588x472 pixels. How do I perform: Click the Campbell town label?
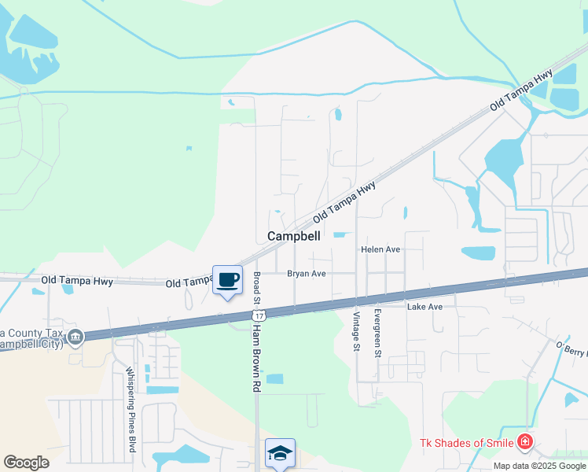tap(294, 236)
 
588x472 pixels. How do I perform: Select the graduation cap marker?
tap(280, 454)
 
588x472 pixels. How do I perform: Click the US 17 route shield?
tap(259, 315)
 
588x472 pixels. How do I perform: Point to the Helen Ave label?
tap(381, 249)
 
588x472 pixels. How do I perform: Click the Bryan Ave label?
tap(306, 274)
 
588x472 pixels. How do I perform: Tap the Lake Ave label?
tap(424, 306)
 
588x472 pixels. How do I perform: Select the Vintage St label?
tap(356, 331)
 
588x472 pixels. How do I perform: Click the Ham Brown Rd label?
tap(256, 354)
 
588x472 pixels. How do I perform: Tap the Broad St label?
tap(256, 290)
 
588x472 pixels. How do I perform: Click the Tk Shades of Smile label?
tap(465, 444)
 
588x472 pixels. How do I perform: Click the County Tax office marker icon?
tap(75, 337)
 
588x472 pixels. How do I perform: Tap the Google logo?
tap(26, 463)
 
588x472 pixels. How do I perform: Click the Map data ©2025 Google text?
tap(539, 466)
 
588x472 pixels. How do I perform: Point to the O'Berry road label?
tap(571, 348)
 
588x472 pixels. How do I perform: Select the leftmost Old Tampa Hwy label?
tap(77, 280)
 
